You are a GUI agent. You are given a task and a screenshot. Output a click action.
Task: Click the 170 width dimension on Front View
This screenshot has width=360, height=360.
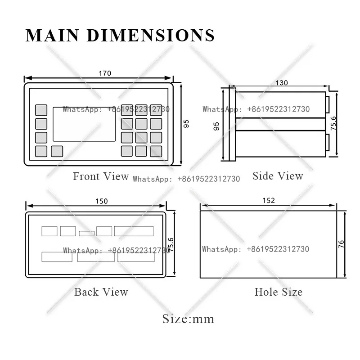105,73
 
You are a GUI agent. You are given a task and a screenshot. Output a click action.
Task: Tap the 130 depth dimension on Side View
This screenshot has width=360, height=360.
282,83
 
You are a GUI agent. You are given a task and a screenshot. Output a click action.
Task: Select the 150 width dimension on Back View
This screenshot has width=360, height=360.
102,201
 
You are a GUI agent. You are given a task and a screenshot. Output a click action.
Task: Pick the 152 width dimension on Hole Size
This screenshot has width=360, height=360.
269,200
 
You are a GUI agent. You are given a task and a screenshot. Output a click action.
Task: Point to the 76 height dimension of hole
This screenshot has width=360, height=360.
341,244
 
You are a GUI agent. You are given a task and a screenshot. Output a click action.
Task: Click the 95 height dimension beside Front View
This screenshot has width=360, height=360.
186,124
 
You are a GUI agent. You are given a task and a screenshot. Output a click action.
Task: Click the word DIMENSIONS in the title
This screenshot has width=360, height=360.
151,36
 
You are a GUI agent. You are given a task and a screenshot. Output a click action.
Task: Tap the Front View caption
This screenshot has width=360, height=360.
101,176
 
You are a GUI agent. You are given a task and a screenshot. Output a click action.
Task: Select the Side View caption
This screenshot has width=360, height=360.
278,176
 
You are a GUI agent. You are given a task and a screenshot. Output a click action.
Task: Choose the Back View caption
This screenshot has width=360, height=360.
101,292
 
